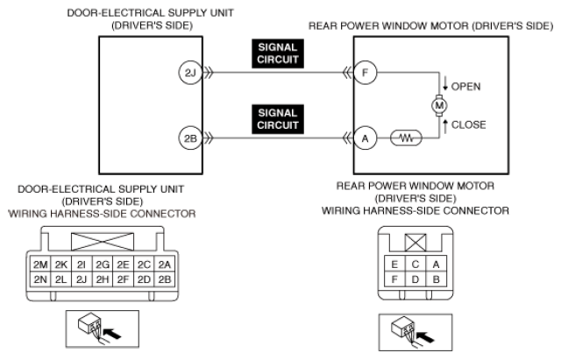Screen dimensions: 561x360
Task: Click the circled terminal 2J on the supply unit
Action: tap(190, 73)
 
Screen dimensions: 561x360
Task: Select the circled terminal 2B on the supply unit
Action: tap(190, 138)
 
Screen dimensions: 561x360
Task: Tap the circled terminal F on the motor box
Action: tap(366, 73)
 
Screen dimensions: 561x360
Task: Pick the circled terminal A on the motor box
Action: tap(366, 138)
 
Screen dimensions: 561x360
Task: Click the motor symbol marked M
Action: tap(439, 105)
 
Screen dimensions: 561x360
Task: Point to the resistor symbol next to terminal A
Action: tap(406, 138)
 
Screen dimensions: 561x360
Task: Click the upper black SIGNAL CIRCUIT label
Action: tap(278, 53)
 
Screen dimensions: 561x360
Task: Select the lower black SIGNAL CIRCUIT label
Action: tap(278, 119)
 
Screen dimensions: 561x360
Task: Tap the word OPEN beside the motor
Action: tap(465, 87)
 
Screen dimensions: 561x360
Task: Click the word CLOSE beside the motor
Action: tap(469, 124)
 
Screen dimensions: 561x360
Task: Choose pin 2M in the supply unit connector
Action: tap(40, 265)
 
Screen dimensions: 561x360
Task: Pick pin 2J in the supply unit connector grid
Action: tap(82, 279)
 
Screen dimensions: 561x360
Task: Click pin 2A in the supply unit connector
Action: tap(165, 265)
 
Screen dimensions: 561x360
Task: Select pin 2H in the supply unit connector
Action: tap(103, 279)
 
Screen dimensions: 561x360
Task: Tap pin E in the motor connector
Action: tap(394, 265)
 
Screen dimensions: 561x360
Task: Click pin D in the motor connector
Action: tap(415, 279)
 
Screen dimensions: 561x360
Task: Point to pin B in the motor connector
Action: tap(436, 279)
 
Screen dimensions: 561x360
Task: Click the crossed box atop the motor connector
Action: tap(415, 243)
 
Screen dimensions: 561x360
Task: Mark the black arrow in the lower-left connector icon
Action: tap(112, 335)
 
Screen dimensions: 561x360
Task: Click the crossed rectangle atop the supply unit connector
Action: tap(103, 242)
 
